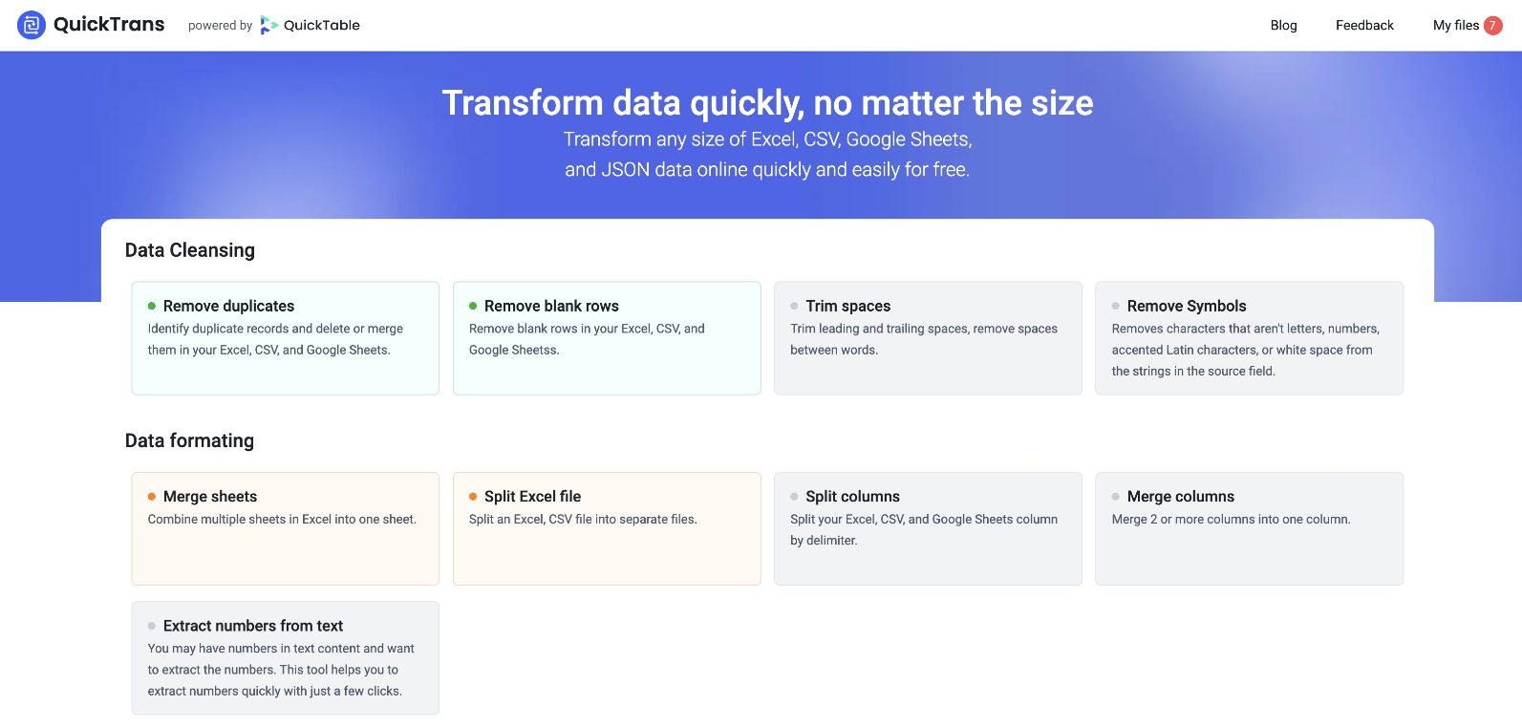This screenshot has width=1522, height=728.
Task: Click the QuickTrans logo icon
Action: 32,25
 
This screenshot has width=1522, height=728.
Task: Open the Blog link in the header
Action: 1283,25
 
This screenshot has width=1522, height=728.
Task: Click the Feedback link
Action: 1364,25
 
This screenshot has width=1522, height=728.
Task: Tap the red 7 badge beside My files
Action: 1492,25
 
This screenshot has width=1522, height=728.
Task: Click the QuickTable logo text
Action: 321,25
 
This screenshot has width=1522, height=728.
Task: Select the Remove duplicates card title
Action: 228,306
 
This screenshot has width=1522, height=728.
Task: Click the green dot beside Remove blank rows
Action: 473,306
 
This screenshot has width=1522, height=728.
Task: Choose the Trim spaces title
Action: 848,306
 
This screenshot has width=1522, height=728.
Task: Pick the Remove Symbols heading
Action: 1187,306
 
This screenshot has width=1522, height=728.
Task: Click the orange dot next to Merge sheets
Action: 152,496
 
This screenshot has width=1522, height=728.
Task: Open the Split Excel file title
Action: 533,496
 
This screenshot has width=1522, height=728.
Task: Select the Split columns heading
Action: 853,496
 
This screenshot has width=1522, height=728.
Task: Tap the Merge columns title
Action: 1181,496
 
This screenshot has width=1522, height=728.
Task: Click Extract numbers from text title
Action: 253,626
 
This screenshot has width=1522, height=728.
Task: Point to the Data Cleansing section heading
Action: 189,250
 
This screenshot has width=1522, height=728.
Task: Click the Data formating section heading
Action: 189,440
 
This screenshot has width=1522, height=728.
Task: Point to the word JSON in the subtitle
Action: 625,169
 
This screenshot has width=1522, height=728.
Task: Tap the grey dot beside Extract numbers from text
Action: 152,626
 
